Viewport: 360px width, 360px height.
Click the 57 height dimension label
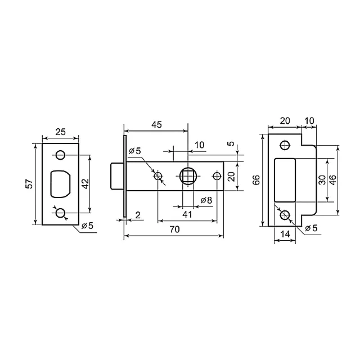pos(30,184)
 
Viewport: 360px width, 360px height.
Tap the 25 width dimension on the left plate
pos(61,132)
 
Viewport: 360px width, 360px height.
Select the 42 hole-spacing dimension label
pos(85,184)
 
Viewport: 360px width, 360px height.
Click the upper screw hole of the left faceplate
pos(61,155)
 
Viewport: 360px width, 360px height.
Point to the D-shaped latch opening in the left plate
pos(61,184)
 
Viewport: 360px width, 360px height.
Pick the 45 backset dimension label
pos(156,124)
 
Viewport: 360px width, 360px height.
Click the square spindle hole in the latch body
pos(188,176)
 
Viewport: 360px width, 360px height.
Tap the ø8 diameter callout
pos(206,200)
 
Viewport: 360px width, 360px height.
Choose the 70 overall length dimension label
pos(174,229)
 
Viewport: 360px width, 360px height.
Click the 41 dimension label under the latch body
pos(187,214)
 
